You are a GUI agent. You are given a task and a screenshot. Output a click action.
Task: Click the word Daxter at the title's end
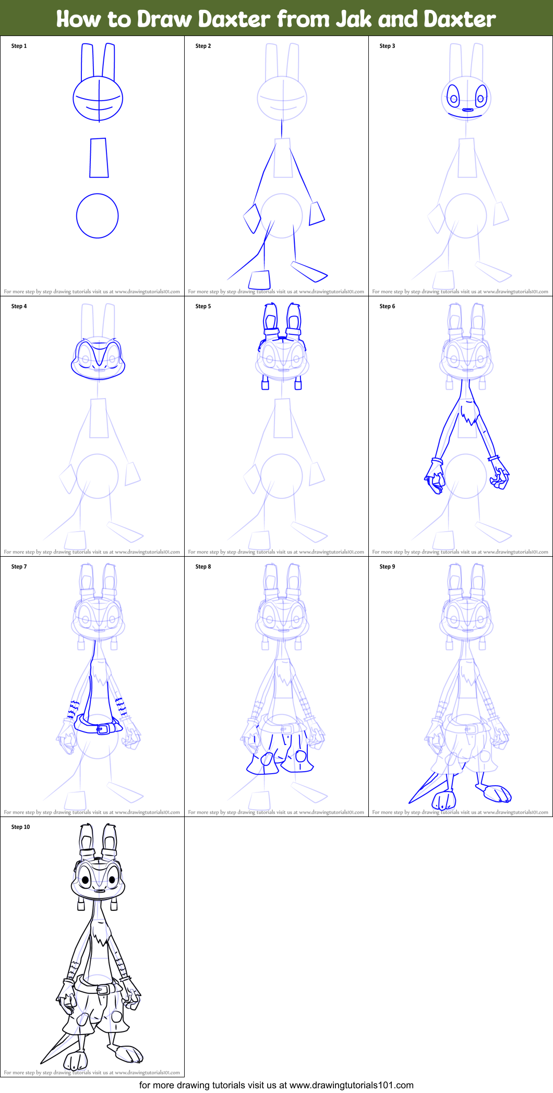pyautogui.click(x=459, y=19)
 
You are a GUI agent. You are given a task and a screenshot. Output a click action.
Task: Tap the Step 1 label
pyautogui.click(x=19, y=46)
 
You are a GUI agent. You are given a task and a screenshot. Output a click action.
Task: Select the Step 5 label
pyautogui.click(x=203, y=306)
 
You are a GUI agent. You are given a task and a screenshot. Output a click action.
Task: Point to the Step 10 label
pyautogui.click(x=20, y=827)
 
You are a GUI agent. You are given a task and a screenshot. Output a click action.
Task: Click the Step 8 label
pyautogui.click(x=203, y=567)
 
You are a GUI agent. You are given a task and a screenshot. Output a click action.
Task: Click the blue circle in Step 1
pyautogui.click(x=98, y=216)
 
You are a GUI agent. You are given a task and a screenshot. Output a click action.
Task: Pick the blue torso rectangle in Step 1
pyautogui.click(x=99, y=158)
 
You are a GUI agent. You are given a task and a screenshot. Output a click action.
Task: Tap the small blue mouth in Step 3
pyautogui.click(x=467, y=110)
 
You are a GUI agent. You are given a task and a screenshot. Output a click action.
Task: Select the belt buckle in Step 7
pyautogui.click(x=104, y=728)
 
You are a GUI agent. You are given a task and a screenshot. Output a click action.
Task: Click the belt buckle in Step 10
pyautogui.click(x=103, y=989)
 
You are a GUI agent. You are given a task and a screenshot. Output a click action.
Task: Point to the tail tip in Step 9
pyautogui.click(x=411, y=802)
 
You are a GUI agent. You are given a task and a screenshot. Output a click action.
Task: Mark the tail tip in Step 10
pyautogui.click(x=42, y=1062)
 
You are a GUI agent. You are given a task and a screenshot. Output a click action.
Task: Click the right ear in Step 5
pyautogui.click(x=294, y=318)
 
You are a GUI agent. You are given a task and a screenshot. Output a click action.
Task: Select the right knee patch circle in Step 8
pyautogui.click(x=301, y=756)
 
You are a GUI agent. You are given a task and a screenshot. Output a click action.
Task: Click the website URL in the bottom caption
pyautogui.click(x=351, y=1085)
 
